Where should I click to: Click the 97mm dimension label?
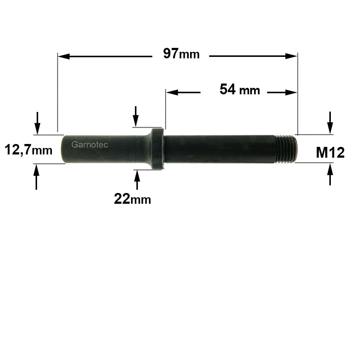click(x=181, y=54)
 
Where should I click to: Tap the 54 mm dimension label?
click(x=240, y=90)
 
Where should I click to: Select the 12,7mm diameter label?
click(x=28, y=150)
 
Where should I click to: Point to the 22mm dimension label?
click(x=132, y=199)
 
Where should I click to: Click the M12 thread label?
click(x=330, y=152)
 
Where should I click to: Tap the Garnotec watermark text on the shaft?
click(x=90, y=144)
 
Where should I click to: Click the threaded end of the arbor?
click(x=286, y=149)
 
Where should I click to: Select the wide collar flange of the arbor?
click(x=158, y=149)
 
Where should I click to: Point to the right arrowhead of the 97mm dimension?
click(x=291, y=56)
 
